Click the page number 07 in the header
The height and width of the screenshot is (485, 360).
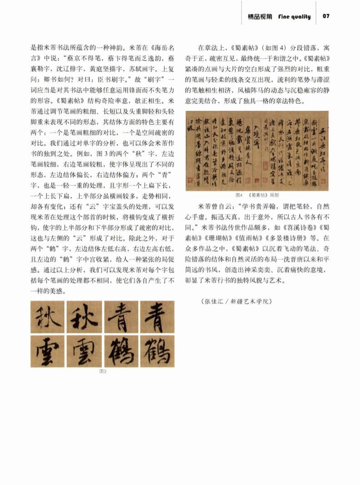(x=326, y=16)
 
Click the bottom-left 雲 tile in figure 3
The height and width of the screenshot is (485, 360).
(x=48, y=351)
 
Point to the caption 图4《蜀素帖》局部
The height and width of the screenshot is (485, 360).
(x=257, y=195)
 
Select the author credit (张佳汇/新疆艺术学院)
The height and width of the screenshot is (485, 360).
(x=236, y=301)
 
